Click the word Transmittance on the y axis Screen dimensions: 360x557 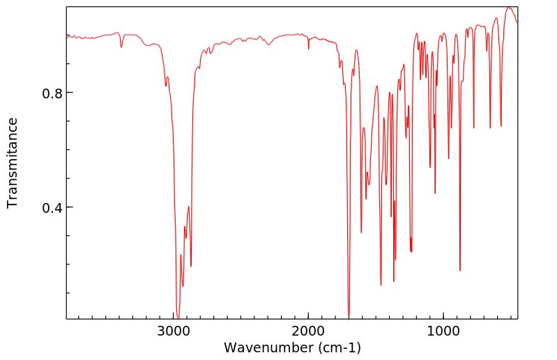pyautogui.click(x=13, y=163)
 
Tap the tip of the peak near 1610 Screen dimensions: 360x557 pyautogui.click(x=361, y=232)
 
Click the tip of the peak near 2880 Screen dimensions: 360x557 pyautogui.click(x=191, y=267)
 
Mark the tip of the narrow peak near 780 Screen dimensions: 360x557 pyautogui.click(x=474, y=128)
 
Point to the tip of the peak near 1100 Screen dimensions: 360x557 pyautogui.click(x=430, y=167)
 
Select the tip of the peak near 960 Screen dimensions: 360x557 pyautogui.click(x=449, y=158)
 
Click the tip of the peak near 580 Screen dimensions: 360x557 pyautogui.click(x=501, y=126)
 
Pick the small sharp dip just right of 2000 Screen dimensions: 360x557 pyautogui.click(x=309, y=49)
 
